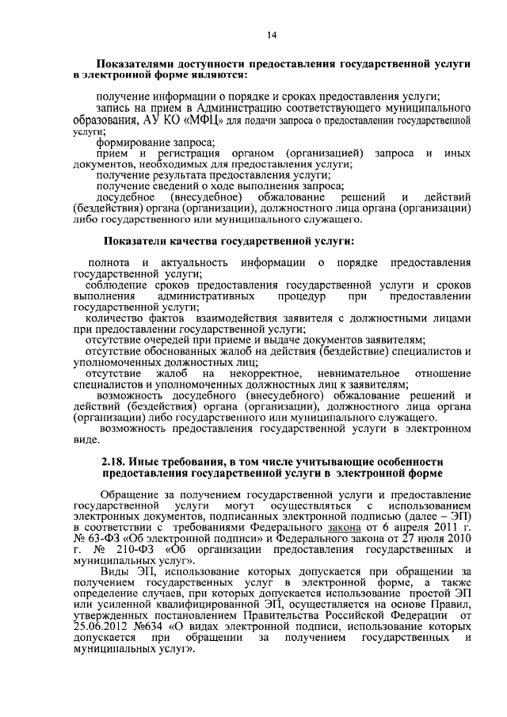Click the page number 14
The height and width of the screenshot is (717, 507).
click(x=272, y=34)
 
